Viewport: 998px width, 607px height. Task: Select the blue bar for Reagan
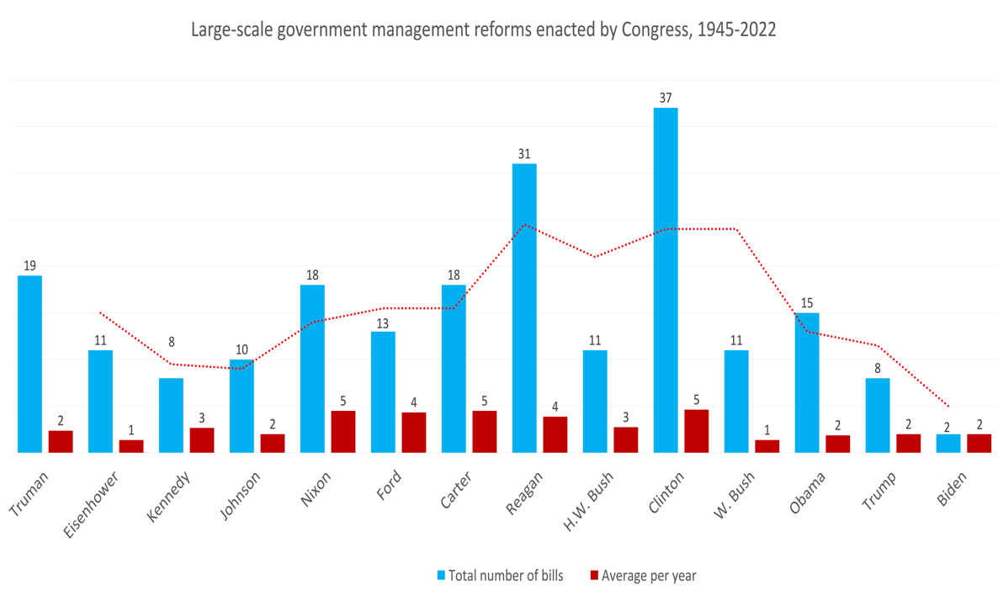click(524, 307)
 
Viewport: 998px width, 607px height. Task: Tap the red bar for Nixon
click(343, 431)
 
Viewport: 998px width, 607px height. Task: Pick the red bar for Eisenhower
click(131, 445)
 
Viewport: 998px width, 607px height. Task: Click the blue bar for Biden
click(948, 443)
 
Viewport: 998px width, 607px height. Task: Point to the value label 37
click(666, 98)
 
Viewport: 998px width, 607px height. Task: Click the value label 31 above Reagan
click(524, 153)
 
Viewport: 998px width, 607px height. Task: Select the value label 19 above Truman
click(29, 265)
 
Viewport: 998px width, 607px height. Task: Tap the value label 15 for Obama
click(807, 302)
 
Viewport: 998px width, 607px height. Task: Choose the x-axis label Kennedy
click(170, 496)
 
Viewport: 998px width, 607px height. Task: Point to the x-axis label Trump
click(879, 490)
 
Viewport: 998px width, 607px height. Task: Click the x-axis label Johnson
click(240, 496)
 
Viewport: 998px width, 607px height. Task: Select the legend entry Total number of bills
click(506, 576)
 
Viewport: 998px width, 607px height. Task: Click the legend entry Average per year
click(649, 576)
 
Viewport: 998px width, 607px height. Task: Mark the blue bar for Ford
click(383, 391)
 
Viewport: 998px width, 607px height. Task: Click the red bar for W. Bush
click(767, 445)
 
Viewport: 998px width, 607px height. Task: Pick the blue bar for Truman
click(29, 364)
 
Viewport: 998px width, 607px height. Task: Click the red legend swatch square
click(593, 576)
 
